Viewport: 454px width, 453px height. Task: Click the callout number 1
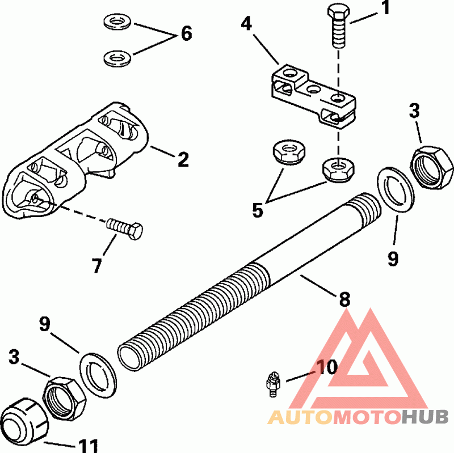click(x=386, y=10)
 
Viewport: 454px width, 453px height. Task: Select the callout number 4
click(x=246, y=24)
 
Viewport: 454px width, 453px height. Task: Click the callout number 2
click(x=182, y=159)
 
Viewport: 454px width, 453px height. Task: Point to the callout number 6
click(x=186, y=33)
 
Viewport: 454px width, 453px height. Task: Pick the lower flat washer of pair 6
click(x=117, y=57)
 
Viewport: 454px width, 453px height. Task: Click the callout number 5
click(x=258, y=210)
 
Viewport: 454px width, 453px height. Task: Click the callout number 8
click(x=344, y=299)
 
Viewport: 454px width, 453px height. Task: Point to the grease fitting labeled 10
click(x=272, y=382)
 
